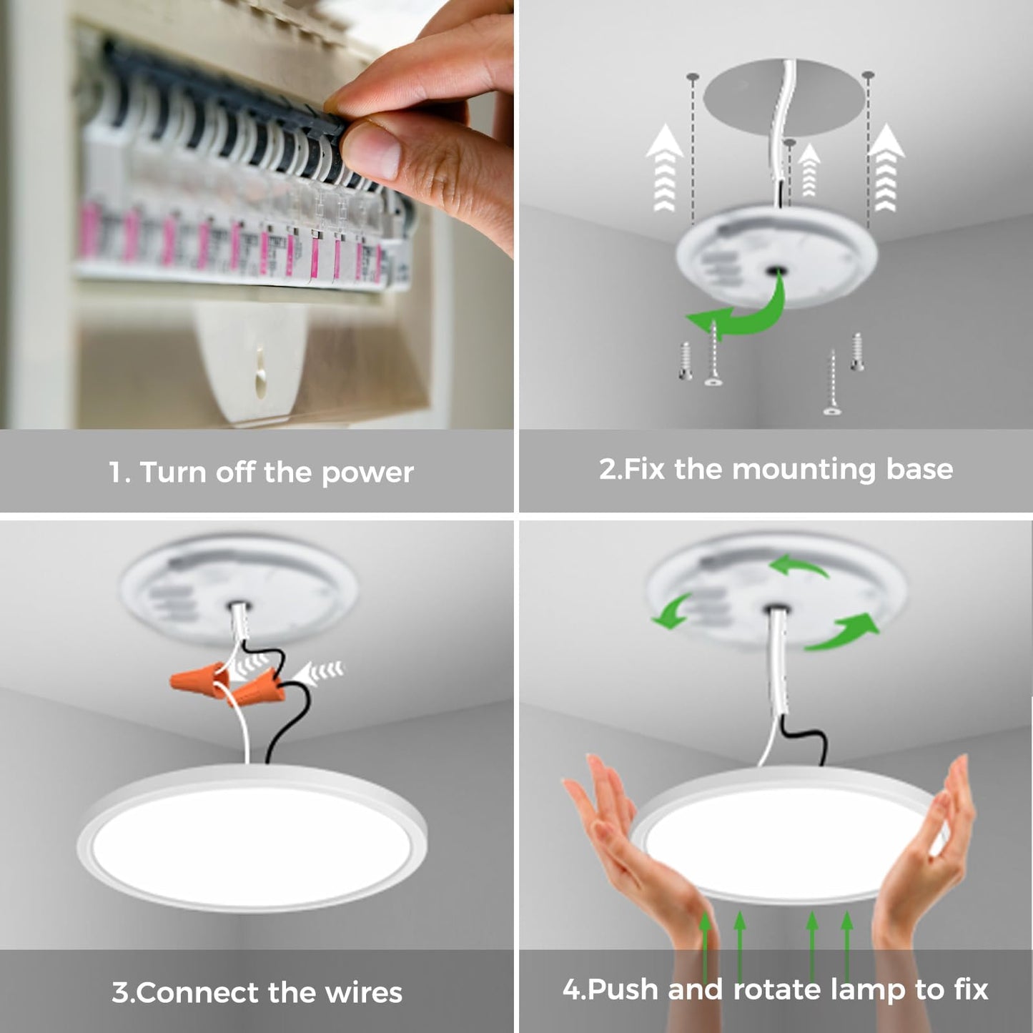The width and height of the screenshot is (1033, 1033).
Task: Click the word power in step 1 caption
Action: tap(367, 473)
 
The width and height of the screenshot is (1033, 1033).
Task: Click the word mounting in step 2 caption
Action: tap(804, 470)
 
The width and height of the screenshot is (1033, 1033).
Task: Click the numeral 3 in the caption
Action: tap(120, 993)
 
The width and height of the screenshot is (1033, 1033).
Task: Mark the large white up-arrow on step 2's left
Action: tap(665, 168)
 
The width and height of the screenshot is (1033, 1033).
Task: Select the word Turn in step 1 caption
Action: tap(172, 473)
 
